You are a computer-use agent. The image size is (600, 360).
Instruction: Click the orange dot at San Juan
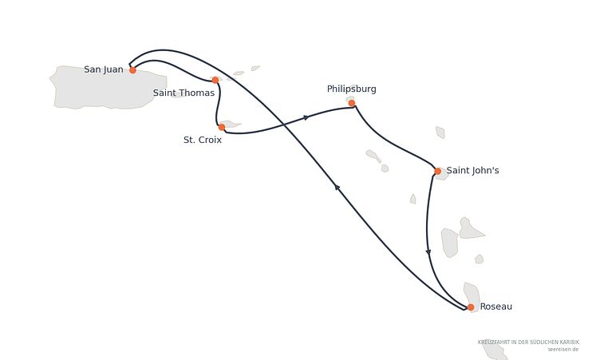tap(132, 70)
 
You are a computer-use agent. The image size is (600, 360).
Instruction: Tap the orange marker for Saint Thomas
tap(215, 80)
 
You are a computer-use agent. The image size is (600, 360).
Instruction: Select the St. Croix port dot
tap(222, 127)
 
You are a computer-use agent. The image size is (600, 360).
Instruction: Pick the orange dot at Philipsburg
tap(352, 103)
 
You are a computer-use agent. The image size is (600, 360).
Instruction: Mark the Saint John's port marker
tap(438, 171)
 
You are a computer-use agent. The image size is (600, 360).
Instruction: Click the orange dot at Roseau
tap(471, 307)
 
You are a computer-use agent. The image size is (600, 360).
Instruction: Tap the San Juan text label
tap(104, 69)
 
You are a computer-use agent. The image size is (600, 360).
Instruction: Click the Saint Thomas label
tap(184, 93)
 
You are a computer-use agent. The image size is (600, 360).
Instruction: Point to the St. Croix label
tap(203, 140)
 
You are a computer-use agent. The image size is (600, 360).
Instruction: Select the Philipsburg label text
tap(352, 89)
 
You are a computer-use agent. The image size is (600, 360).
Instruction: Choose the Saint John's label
tap(472, 171)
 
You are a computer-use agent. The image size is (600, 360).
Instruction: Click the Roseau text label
tap(496, 307)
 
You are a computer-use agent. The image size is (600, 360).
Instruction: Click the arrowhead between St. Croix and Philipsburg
tap(306, 117)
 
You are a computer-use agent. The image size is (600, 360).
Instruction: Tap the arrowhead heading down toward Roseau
tap(428, 252)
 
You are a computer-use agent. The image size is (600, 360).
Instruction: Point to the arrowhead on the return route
tap(337, 187)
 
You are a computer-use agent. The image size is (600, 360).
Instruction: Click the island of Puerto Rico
tap(109, 88)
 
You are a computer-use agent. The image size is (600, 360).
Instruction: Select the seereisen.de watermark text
tap(563, 350)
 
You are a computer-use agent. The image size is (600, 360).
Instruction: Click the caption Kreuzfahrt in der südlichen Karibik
tap(528, 342)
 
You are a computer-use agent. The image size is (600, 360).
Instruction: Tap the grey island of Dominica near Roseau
tap(472, 297)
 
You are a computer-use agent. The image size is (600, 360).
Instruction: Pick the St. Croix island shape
tap(230, 124)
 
